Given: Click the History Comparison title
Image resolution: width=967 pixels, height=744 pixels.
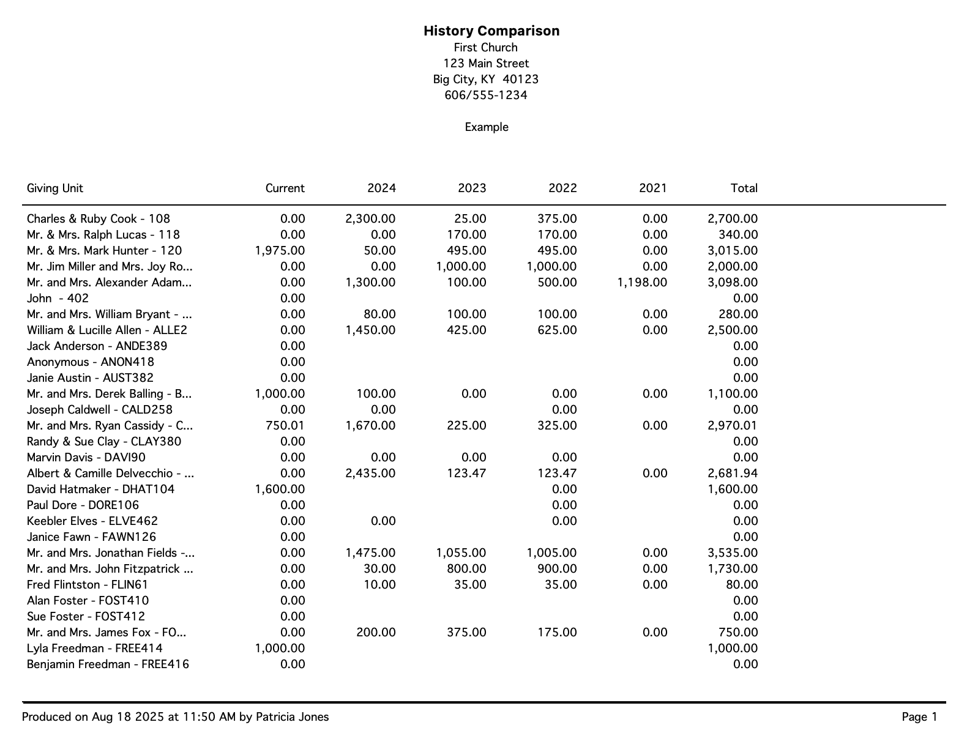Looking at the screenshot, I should point(491,31).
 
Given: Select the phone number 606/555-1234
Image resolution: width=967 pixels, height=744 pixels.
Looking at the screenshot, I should point(486,95).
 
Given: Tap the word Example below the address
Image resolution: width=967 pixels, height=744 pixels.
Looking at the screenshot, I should point(487,127).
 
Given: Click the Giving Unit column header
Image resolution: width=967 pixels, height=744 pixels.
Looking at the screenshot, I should point(55,188).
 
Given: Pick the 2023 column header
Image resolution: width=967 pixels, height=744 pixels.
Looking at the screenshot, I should point(472,188).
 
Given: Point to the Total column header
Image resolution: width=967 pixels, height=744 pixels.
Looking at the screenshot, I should point(744,188).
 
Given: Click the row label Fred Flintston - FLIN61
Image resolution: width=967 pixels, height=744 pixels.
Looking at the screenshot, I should point(88,585).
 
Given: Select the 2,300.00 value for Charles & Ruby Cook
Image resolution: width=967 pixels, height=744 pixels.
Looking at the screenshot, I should point(370,219).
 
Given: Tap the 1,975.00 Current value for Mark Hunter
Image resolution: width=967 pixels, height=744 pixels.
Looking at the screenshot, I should point(280,251).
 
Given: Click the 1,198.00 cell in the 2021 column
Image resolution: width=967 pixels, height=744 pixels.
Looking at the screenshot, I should point(642,283).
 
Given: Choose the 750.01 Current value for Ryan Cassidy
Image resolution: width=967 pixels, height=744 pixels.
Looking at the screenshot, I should point(285,426).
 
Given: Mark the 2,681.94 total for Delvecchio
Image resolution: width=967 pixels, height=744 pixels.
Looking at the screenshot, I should point(733,474).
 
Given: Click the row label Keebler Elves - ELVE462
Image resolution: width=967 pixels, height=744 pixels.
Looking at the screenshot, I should point(92,521).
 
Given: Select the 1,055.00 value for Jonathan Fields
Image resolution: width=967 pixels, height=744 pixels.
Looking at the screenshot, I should point(461,553).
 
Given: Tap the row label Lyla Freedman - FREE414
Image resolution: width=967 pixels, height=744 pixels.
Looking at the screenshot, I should point(95,649).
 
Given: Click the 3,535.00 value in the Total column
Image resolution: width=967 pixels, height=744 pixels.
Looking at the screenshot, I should point(733,553).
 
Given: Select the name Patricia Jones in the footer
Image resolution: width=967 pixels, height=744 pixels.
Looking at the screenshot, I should point(292,717).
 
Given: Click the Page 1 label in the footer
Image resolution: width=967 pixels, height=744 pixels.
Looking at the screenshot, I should point(919,717).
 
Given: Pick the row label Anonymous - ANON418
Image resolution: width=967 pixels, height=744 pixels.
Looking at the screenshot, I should point(91,362).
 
